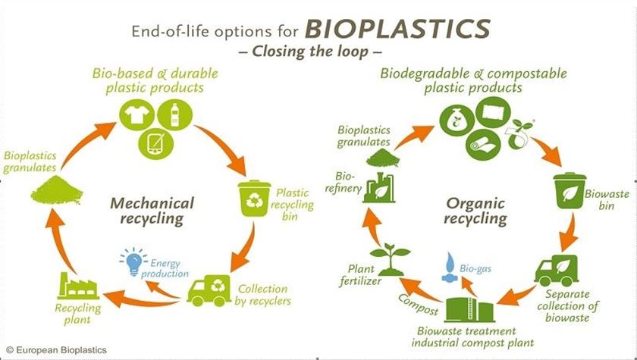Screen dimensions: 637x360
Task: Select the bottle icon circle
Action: point(174,114)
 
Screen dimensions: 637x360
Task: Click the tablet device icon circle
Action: point(155,143)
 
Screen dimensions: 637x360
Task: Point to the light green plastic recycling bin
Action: point(254,198)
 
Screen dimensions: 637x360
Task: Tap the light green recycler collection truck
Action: point(209,290)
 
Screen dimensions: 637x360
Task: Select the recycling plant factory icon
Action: point(78,286)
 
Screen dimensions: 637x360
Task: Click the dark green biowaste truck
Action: point(556,271)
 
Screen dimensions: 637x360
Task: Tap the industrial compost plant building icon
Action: point(470,309)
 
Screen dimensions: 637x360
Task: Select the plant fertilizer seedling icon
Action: point(391,260)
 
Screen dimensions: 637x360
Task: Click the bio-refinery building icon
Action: point(379,187)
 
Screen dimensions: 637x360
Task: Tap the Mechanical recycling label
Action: point(152,211)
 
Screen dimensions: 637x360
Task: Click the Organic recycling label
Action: point(475,211)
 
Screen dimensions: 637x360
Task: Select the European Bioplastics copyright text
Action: point(56,350)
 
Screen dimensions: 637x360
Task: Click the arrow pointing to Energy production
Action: point(162,290)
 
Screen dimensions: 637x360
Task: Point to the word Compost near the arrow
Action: point(418,305)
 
